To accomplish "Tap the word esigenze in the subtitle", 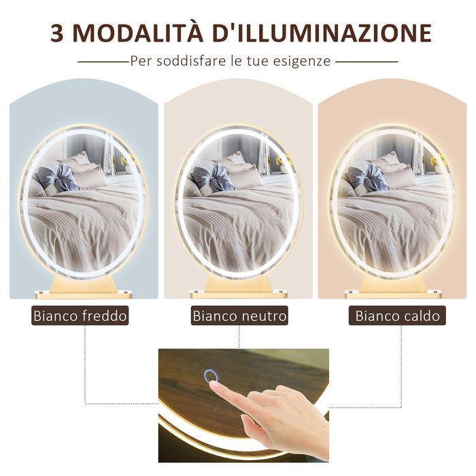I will pyautogui.click(x=305, y=61).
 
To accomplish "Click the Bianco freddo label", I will pyautogui.click(x=80, y=316).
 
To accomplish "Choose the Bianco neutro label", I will pyautogui.click(x=239, y=316).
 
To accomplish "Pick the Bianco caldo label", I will pyautogui.click(x=398, y=316).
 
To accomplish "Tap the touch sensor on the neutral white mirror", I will pyautogui.click(x=238, y=250).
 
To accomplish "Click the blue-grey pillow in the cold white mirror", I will pyautogui.click(x=58, y=178).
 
